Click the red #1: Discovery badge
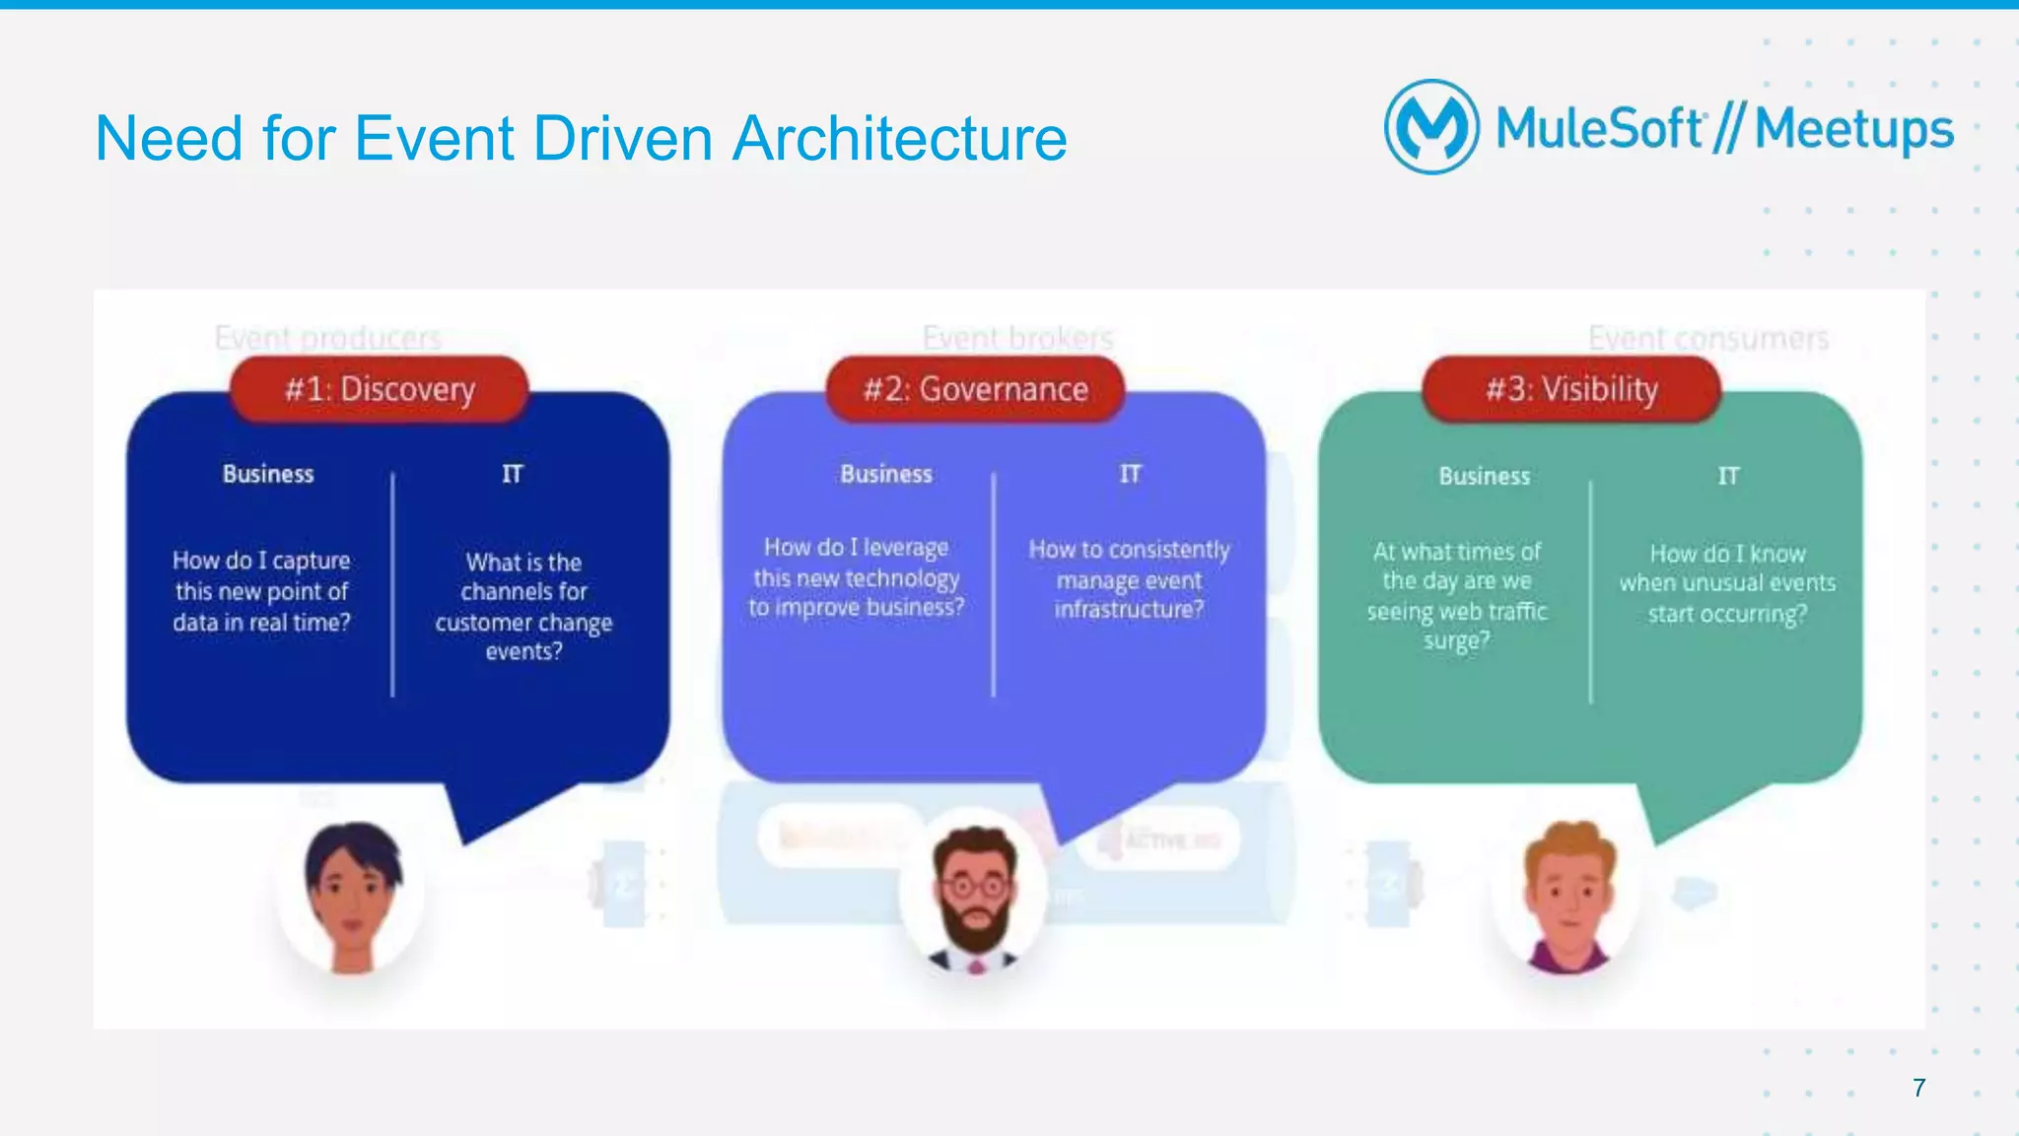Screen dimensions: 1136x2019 tap(380, 389)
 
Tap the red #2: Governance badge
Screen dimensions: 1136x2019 tap(975, 389)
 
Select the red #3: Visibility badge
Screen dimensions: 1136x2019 tap(1571, 389)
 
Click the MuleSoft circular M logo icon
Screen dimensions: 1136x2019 tap(1431, 127)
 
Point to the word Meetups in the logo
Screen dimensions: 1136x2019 tap(1853, 129)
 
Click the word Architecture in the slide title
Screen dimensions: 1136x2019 tap(899, 138)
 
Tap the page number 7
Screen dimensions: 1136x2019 tap(1918, 1088)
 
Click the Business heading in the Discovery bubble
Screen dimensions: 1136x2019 tap(268, 474)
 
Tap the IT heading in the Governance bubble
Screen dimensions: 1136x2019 tap(1130, 474)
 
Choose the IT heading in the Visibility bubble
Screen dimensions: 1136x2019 tap(1727, 476)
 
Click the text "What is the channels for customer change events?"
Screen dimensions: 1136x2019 tap(523, 606)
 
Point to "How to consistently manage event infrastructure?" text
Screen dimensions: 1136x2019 tap(1129, 579)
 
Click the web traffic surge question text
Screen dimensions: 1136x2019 tap(1457, 596)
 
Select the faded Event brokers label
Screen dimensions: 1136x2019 tap(1017, 338)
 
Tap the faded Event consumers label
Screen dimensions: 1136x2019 tap(1707, 338)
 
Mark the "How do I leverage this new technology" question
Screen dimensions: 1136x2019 tap(856, 577)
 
